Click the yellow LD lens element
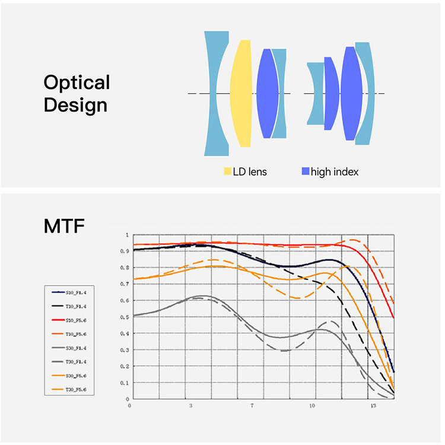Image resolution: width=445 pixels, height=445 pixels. click(240, 93)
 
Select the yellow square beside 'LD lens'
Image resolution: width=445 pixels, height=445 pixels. click(227, 171)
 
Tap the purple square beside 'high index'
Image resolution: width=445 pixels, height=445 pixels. click(306, 171)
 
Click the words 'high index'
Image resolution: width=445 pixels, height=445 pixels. click(335, 171)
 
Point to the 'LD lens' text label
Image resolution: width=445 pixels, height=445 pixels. click(250, 171)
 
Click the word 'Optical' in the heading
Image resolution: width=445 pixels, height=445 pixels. click(77, 82)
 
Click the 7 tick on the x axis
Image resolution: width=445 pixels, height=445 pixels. click(252, 406)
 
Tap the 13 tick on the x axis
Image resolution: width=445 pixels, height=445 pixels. click(373, 406)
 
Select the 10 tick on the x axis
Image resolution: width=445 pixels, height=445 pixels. click(312, 406)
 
